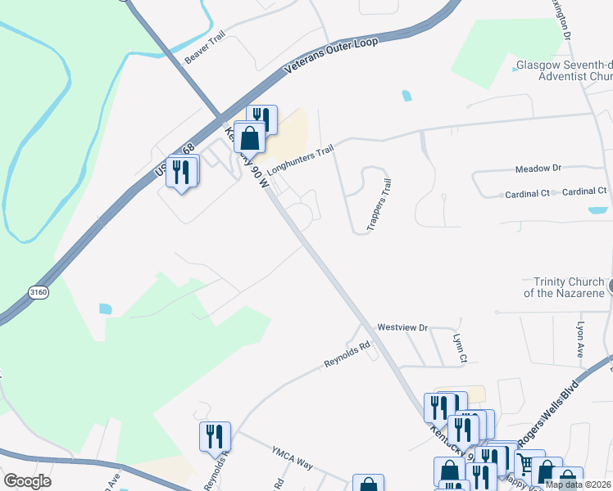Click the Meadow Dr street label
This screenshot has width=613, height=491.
[538, 169]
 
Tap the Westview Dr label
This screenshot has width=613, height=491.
[402, 327]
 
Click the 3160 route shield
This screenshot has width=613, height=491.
[37, 292]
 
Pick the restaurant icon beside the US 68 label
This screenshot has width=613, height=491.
[182, 172]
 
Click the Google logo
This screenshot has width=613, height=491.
[28, 481]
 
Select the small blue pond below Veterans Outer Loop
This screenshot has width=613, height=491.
[407, 96]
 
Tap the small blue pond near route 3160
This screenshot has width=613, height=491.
[104, 309]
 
